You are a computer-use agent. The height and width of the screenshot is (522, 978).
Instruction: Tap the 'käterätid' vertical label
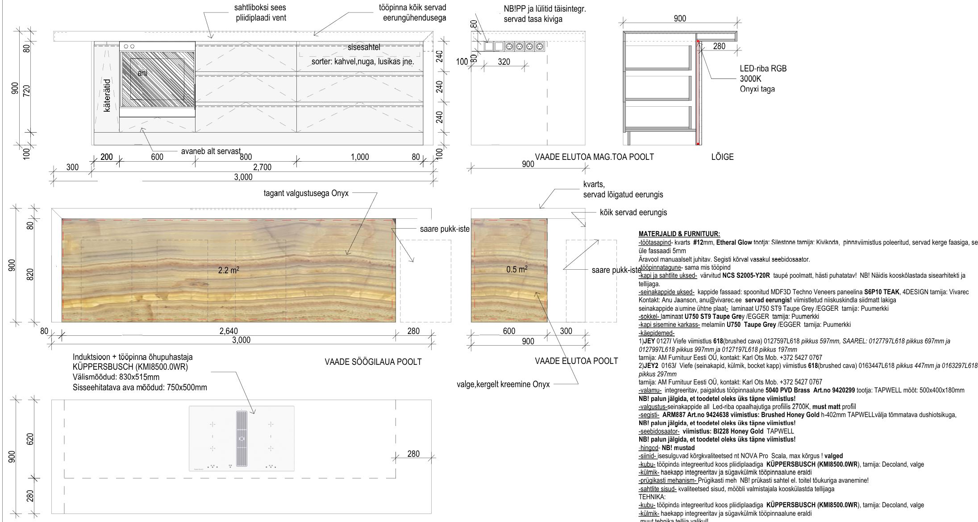[x=107, y=95]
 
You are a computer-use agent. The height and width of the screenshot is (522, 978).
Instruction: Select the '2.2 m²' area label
[x=228, y=270]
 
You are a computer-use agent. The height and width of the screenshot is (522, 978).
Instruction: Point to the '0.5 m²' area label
[x=517, y=269]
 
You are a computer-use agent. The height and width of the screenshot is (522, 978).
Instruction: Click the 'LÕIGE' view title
[x=722, y=157]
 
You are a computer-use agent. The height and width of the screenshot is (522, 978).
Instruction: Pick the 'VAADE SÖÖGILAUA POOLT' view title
[x=373, y=362]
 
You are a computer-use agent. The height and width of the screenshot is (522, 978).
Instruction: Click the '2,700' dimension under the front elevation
[x=262, y=167]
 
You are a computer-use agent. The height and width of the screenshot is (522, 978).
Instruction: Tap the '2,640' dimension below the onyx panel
[x=228, y=331]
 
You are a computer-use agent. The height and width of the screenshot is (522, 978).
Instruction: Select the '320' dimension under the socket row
[x=504, y=62]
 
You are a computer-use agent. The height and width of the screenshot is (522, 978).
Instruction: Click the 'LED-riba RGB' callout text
[x=763, y=69]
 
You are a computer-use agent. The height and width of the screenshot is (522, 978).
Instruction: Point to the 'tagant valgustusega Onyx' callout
[x=306, y=193]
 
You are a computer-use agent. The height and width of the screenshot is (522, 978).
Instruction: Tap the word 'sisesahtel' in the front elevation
[x=364, y=47]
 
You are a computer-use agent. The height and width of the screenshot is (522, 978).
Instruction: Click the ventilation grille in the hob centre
[x=241, y=440]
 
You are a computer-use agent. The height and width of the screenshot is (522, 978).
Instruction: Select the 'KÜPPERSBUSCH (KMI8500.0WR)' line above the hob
[x=130, y=367]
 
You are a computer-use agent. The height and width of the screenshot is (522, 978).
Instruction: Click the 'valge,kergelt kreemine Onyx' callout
[x=503, y=384]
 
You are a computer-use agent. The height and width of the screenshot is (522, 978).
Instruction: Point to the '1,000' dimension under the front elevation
[x=360, y=157]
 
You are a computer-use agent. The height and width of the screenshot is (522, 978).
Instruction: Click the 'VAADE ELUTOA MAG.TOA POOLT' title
[x=594, y=157]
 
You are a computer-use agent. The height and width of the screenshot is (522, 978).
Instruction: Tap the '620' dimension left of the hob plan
[x=30, y=439]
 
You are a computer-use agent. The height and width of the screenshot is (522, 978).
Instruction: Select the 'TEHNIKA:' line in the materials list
[x=652, y=497]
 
